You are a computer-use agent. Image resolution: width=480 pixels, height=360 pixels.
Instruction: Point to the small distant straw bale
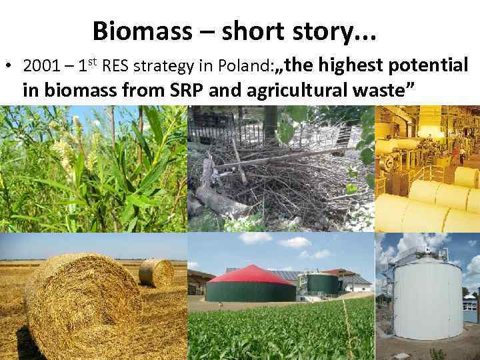[x=157, y=272]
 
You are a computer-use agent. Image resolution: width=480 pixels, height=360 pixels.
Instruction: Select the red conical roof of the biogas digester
[x=251, y=274]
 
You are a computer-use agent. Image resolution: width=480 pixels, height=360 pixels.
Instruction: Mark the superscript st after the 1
[x=93, y=63]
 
